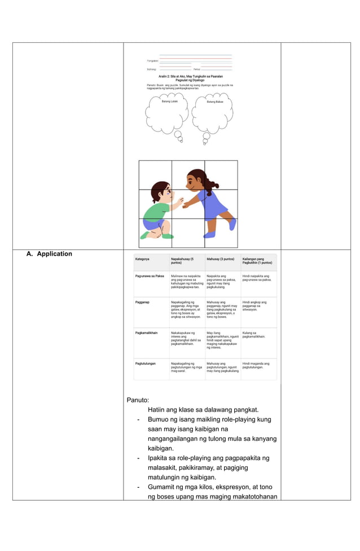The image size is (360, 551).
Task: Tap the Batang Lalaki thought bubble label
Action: [170, 101]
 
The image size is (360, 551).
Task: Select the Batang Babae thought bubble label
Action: [215, 102]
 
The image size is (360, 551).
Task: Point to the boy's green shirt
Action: [156, 210]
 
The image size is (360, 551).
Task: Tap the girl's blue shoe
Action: [210, 234]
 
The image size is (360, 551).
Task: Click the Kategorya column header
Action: [143, 259]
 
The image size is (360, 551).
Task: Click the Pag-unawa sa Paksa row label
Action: [150, 276]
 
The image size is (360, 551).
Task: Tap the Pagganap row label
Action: [143, 303]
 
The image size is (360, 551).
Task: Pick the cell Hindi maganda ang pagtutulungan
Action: [256, 365]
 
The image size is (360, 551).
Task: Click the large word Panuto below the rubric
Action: [138, 400]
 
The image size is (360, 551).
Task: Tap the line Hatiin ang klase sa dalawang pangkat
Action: [203, 410]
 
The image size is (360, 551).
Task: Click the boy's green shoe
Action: [168, 236]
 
